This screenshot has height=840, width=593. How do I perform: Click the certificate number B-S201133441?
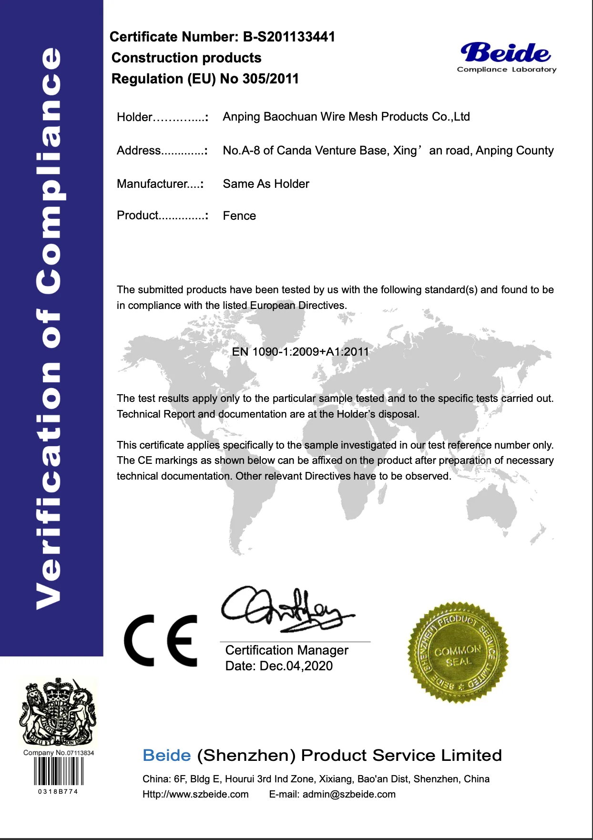(289, 37)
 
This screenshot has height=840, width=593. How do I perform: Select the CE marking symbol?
(161, 640)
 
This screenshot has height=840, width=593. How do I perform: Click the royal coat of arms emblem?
(58, 712)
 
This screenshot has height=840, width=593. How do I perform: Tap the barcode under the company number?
(58, 771)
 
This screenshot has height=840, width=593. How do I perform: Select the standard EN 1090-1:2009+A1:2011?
(300, 352)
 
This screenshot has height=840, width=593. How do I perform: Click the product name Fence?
(239, 216)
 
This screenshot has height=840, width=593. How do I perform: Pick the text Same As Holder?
(266, 184)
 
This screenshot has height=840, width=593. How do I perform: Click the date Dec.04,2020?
(296, 666)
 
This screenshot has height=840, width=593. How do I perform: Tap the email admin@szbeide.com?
(349, 794)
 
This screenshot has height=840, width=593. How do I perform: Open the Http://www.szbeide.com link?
(195, 794)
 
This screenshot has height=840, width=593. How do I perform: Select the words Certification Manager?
(286, 650)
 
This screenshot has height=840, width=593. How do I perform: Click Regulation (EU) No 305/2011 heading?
(205, 79)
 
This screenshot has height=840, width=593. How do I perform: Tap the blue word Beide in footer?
(166, 756)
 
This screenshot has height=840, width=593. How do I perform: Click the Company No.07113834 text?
(58, 753)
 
